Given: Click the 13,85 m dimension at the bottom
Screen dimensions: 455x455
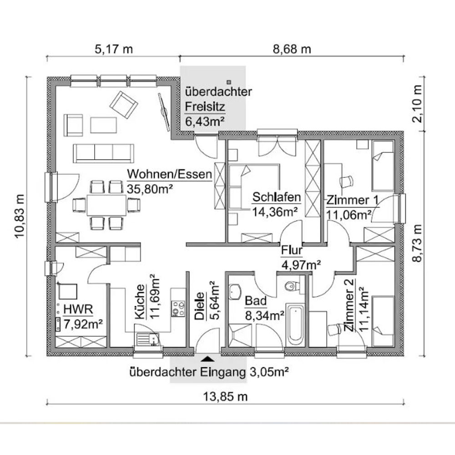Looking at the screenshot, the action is tap(225, 396).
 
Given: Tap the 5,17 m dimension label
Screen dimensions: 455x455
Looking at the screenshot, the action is tap(114, 49).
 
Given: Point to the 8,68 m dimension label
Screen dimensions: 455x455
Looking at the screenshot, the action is tap(292, 49).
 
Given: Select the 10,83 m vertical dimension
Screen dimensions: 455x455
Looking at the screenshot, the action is tap(20, 216).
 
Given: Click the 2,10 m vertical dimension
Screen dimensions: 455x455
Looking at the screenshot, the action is tap(417, 104).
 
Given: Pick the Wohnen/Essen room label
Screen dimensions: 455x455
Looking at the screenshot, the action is tap(170, 174).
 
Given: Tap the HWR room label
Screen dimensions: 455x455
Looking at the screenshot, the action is tap(78, 309).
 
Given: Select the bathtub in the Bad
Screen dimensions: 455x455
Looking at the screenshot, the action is tap(295, 324).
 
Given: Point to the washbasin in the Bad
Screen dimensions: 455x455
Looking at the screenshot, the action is tap(235, 291).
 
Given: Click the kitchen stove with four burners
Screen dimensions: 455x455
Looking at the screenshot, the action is tap(178, 308).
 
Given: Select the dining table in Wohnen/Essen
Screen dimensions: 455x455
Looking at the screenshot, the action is tap(106, 204).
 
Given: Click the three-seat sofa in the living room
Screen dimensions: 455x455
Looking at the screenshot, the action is tap(103, 152).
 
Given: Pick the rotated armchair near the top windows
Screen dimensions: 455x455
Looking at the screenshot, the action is tap(123, 105).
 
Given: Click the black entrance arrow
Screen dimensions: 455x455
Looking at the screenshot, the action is tap(207, 359).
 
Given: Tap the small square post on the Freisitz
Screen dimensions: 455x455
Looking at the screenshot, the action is tap(229, 82).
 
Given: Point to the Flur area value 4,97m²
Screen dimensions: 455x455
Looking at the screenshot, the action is tap(301, 264).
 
